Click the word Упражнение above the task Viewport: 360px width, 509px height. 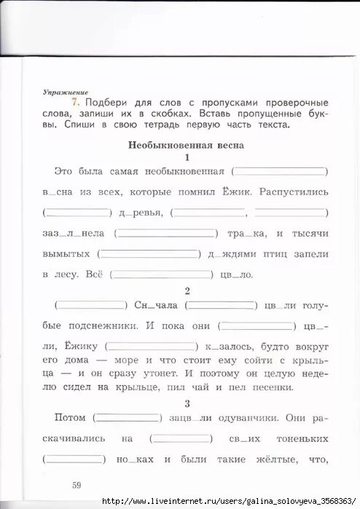point(66,93)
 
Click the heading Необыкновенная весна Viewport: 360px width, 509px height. point(186,145)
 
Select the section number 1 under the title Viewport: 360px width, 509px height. point(187,157)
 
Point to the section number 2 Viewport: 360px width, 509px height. point(187,291)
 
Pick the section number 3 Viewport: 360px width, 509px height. point(187,403)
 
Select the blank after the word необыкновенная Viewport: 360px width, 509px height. point(280,171)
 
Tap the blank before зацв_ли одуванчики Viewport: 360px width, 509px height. point(128,419)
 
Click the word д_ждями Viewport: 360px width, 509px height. point(238,254)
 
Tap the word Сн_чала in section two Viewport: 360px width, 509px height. point(154,305)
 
